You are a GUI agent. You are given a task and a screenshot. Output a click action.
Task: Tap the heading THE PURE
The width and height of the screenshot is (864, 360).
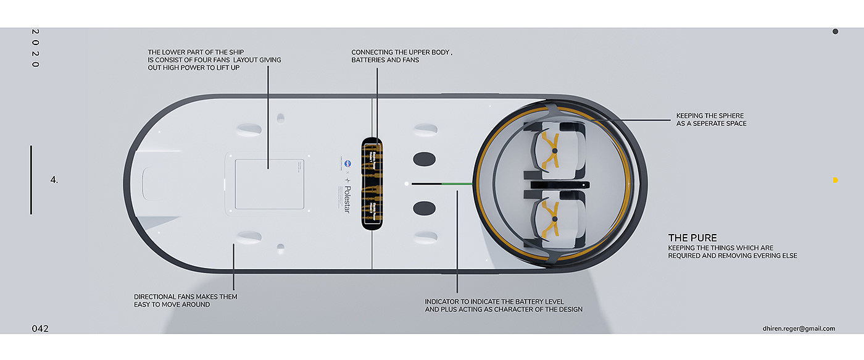[x=692, y=238]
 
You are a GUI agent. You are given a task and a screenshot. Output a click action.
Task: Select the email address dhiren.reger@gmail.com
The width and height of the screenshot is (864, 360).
[x=799, y=329]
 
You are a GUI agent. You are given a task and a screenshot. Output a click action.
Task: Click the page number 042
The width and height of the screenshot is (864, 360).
[x=40, y=329]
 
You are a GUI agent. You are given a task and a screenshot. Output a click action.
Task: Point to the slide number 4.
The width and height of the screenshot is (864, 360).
[x=54, y=180]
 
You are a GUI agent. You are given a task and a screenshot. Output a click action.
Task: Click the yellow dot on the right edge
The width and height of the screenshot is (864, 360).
[x=835, y=180]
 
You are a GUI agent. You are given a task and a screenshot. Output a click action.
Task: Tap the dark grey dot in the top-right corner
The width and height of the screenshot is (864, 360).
[x=835, y=31]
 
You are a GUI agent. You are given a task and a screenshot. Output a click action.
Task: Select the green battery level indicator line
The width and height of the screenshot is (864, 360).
[x=457, y=183]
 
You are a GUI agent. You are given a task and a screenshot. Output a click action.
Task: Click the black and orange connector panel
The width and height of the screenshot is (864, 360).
[x=373, y=183]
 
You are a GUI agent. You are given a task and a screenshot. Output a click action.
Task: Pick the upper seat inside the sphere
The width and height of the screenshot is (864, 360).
[x=554, y=150]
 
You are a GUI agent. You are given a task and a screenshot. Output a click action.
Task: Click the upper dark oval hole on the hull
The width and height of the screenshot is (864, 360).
[x=424, y=159]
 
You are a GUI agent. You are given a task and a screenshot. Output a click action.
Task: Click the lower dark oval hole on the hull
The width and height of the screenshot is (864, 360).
[x=424, y=208]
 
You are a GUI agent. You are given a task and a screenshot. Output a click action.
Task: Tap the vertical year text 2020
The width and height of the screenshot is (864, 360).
[x=35, y=48]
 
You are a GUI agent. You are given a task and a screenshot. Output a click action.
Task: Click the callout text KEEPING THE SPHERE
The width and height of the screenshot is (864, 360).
[x=710, y=116]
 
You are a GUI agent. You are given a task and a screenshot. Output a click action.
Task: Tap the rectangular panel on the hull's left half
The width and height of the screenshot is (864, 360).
[x=267, y=183]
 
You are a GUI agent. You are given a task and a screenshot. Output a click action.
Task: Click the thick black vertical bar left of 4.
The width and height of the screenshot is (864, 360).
[x=31, y=180]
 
